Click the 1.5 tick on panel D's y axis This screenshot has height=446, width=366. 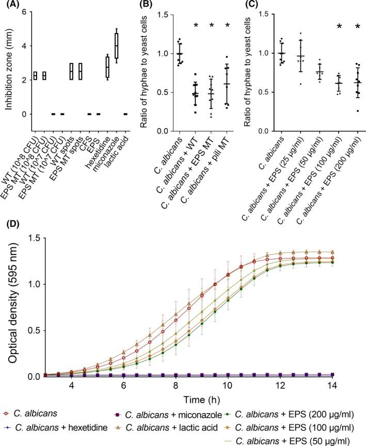pos(36,237)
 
